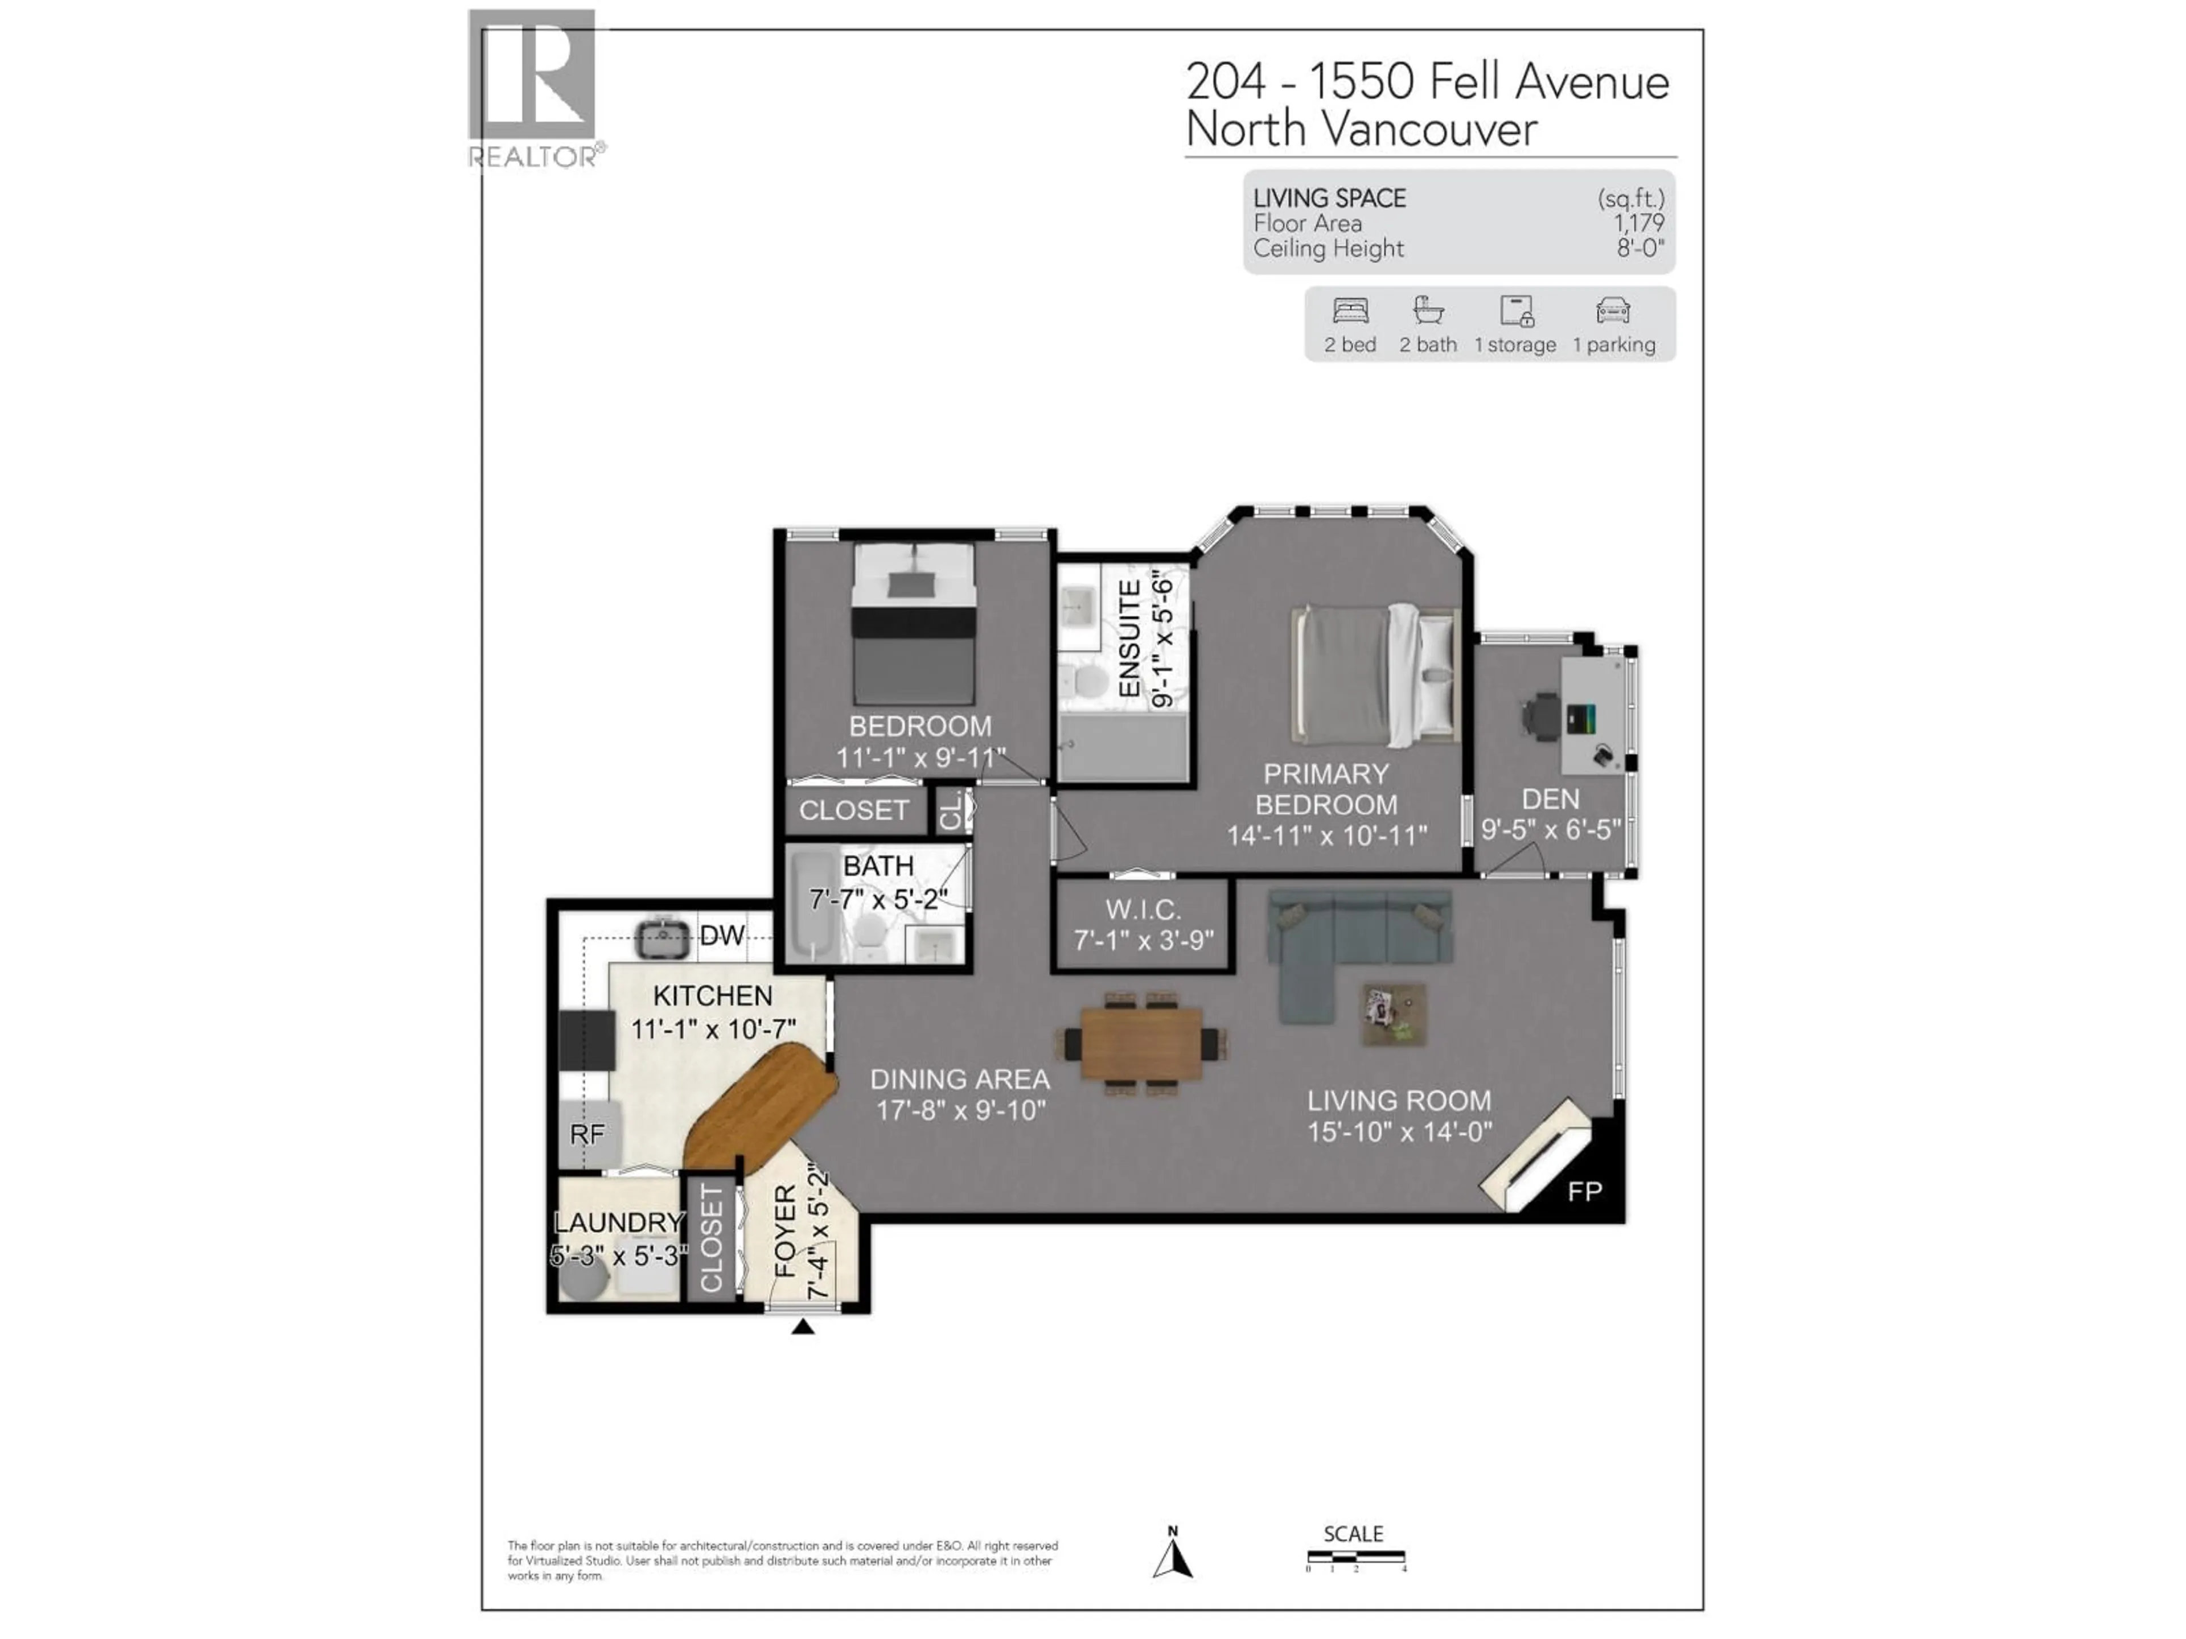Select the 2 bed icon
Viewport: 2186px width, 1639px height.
click(x=1350, y=311)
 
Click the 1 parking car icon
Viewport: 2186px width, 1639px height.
click(x=1613, y=311)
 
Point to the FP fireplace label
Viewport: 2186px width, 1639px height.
click(x=1584, y=1192)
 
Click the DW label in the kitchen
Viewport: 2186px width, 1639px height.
click(x=721, y=936)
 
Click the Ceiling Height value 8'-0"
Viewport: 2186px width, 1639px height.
click(x=1639, y=249)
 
